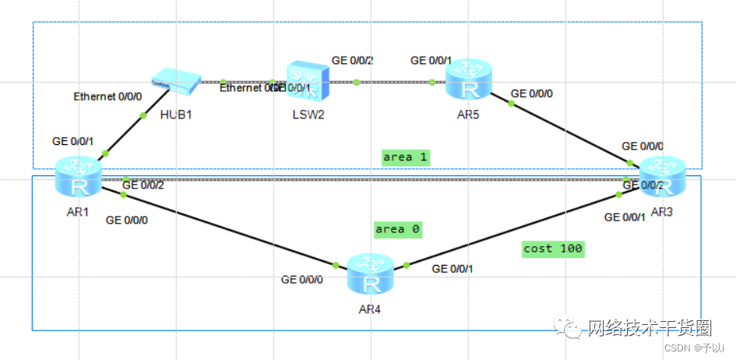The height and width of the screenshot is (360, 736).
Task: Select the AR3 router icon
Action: coord(661,177)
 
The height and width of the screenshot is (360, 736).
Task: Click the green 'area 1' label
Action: coord(407,157)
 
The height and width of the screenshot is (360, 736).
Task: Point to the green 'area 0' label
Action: coord(397,229)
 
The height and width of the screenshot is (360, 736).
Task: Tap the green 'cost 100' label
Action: coord(553,249)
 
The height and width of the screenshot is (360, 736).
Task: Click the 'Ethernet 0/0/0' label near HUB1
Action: coord(107,97)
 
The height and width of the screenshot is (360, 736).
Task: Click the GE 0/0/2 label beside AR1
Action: coord(143,185)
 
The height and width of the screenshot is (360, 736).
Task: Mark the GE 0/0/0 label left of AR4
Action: coord(302,278)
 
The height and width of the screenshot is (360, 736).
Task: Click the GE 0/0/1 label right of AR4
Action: coord(452,269)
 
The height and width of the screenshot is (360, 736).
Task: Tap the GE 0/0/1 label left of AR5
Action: coord(431,60)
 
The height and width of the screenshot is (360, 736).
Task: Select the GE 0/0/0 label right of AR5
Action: coord(532,93)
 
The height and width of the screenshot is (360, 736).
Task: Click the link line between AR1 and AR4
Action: coord(234,229)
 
